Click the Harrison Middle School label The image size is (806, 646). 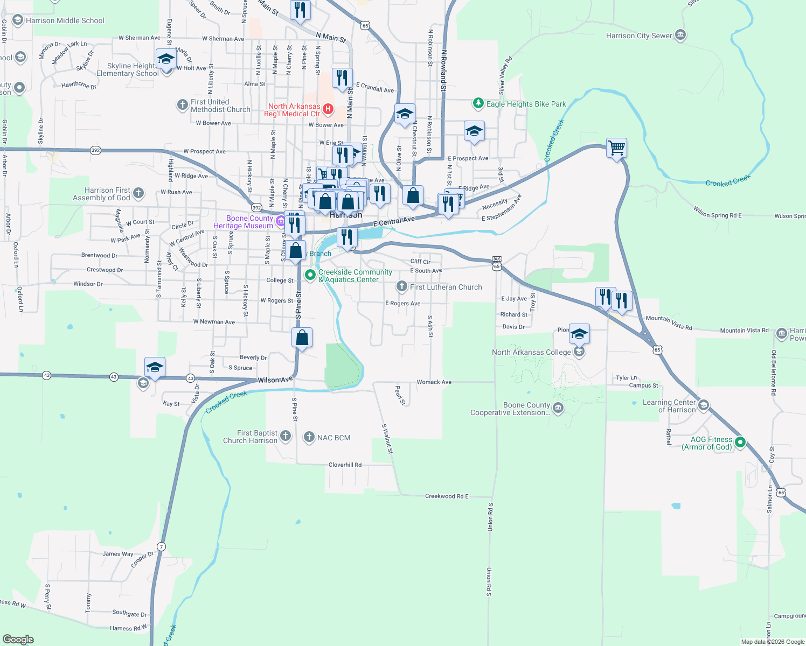tap(65, 21)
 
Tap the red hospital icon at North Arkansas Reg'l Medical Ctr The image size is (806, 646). tap(327, 110)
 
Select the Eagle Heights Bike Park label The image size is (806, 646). tap(526, 104)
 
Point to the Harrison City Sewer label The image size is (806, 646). tap(639, 36)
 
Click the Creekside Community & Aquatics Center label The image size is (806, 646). tap(355, 276)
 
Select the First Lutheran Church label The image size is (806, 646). tap(446, 287)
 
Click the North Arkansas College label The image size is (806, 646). tap(531, 352)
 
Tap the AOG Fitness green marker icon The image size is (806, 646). tap(740, 443)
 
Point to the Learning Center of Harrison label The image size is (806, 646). tap(669, 406)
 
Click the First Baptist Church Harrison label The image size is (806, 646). tap(251, 437)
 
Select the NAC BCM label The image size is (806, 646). tap(333, 438)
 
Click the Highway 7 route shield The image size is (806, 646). tap(161, 546)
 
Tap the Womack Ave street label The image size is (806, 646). tap(434, 382)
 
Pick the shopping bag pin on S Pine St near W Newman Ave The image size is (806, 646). tap(302, 338)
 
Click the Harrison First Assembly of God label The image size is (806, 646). tap(102, 194)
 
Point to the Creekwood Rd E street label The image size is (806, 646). tap(447, 496)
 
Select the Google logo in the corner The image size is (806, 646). tap(18, 640)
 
